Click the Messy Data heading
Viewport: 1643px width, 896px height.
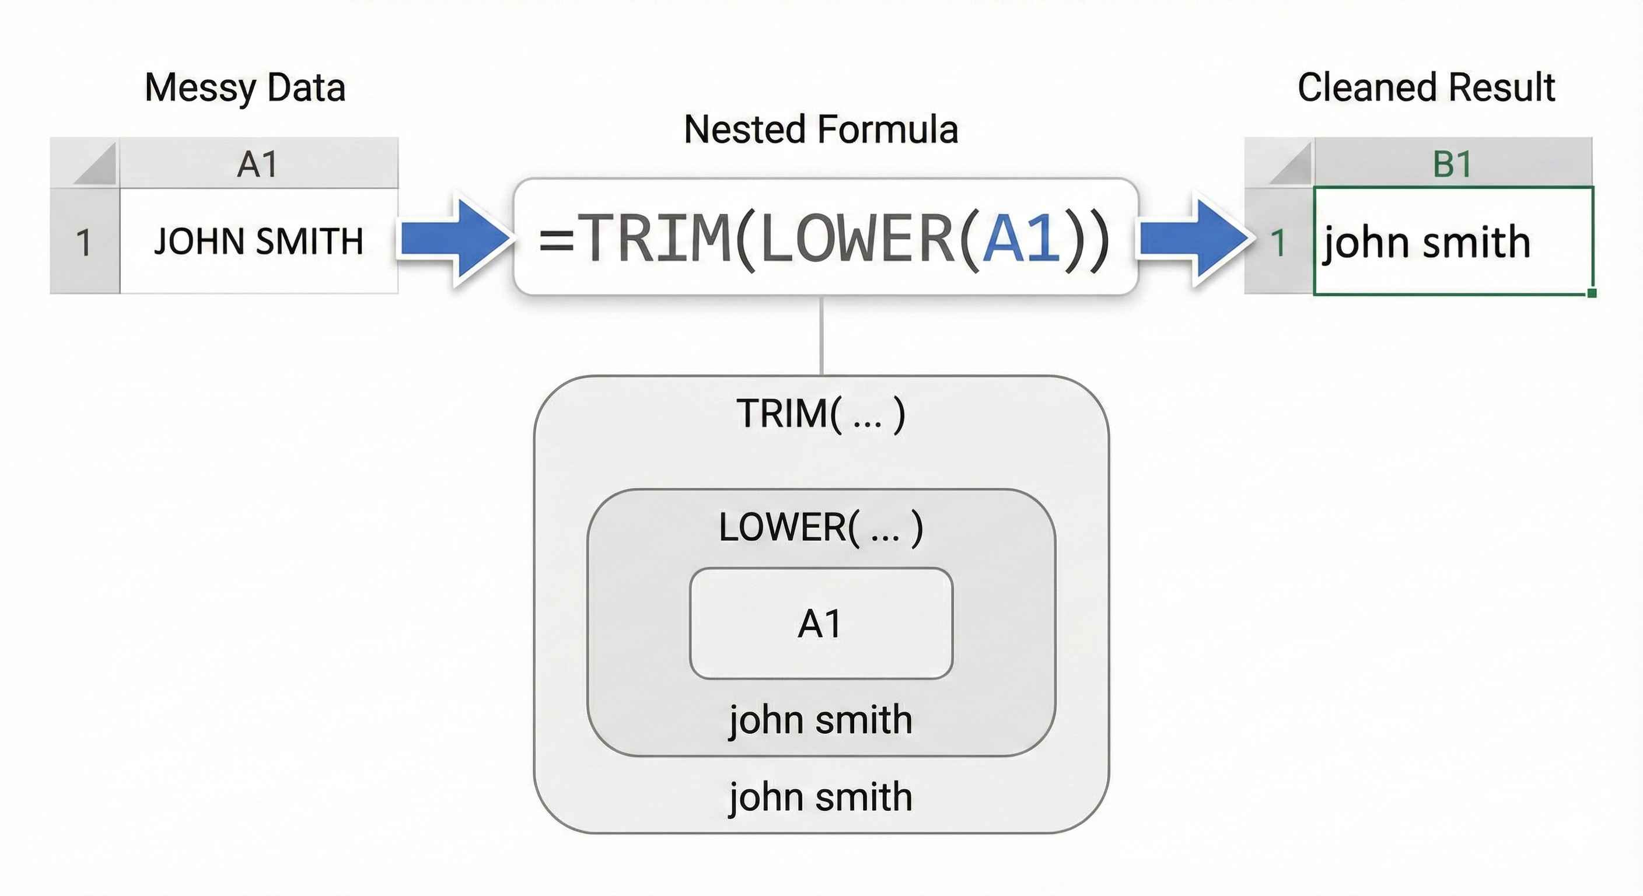coord(245,87)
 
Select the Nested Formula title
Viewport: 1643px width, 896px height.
coord(821,129)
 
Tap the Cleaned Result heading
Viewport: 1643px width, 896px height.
coord(1426,87)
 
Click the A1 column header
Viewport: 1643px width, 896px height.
coord(258,164)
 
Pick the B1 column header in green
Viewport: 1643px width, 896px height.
coord(1452,164)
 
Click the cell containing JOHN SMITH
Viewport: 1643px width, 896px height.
coord(258,241)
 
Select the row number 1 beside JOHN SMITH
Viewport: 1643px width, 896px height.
coord(83,242)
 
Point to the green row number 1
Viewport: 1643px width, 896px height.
coord(1278,242)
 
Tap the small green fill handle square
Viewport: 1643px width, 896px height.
coord(1592,293)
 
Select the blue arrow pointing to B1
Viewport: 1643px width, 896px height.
coord(1193,239)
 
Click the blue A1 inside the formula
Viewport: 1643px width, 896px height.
coord(1022,239)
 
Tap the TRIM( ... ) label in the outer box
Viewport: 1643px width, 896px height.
coord(821,413)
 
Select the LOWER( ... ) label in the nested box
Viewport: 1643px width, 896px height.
coord(821,527)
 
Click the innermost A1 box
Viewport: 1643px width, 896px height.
coord(821,623)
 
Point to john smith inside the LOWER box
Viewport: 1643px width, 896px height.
coord(821,720)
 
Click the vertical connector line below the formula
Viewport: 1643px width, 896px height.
coord(821,335)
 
